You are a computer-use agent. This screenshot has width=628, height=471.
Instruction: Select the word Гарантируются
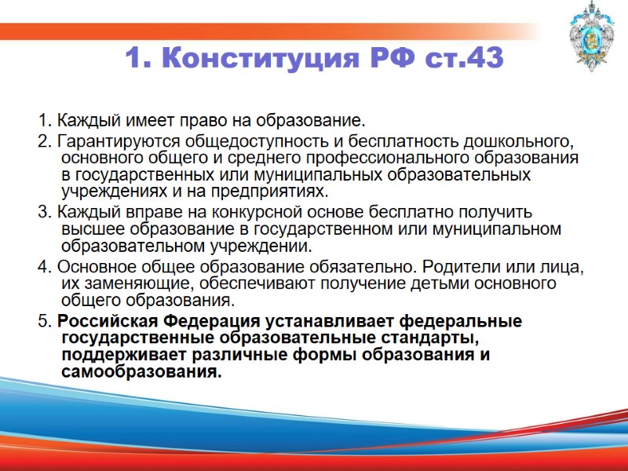pyautogui.click(x=106, y=142)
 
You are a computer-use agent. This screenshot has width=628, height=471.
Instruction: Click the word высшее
pyautogui.click(x=91, y=229)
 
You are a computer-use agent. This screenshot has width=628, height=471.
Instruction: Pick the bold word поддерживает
pyautogui.click(x=126, y=355)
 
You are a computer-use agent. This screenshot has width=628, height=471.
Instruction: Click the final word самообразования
pyautogui.click(x=141, y=372)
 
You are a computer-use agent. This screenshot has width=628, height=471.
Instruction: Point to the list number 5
pyautogui.click(x=42, y=321)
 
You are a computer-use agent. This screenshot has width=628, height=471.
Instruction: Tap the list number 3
pyautogui.click(x=42, y=212)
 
